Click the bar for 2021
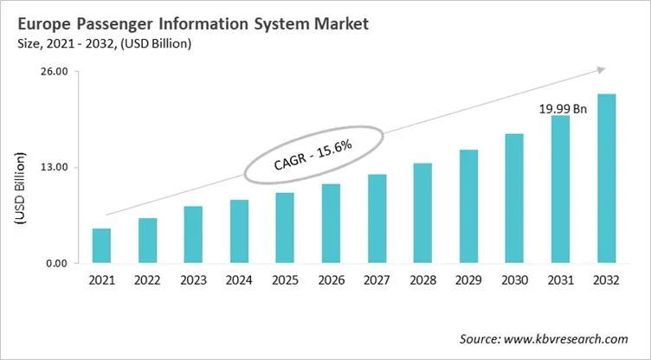[x=101, y=246]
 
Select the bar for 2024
[x=239, y=231]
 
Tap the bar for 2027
[x=377, y=219]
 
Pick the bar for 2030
[x=514, y=198]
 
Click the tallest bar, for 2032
[x=607, y=178]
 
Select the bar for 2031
[x=561, y=190]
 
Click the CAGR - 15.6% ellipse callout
[x=313, y=153]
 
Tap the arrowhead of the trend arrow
[x=599, y=71]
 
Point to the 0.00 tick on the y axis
[x=56, y=263]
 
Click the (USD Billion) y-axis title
[x=19, y=189]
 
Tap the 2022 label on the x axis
[x=147, y=280]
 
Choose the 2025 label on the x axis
[x=285, y=280]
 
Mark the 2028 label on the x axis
[x=422, y=280]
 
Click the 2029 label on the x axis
[x=468, y=280]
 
